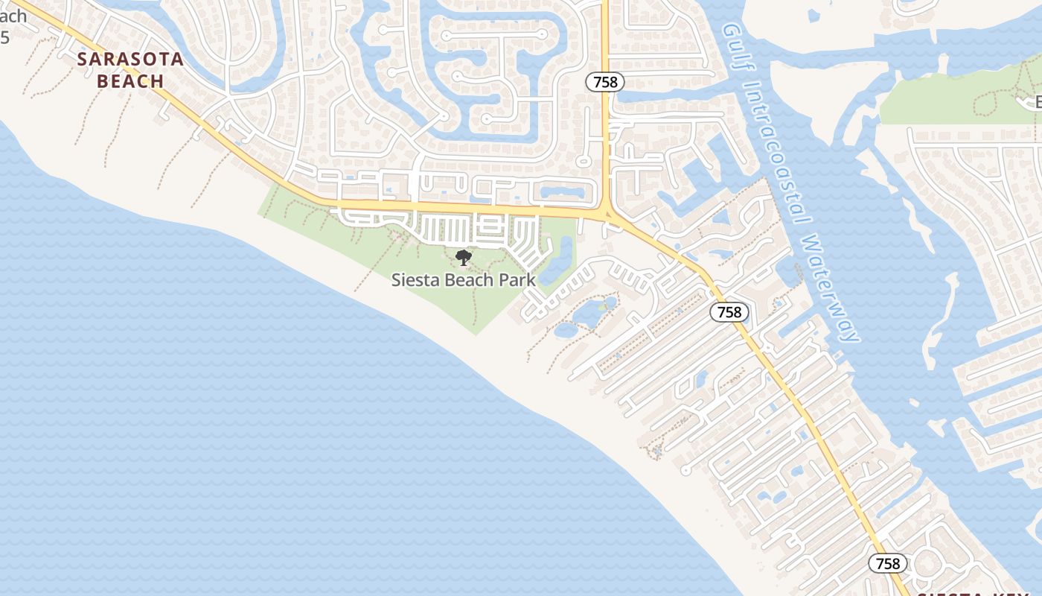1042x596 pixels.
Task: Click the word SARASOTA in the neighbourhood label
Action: [x=130, y=60]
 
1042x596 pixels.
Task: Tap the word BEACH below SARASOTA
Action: [x=130, y=81]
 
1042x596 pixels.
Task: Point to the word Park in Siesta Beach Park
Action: [x=518, y=281]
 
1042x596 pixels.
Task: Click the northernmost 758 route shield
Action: [x=605, y=82]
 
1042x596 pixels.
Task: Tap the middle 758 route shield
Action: [x=729, y=312]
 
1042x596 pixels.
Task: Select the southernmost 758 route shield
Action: [x=888, y=564]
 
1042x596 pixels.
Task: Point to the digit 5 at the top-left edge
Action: [x=4, y=37]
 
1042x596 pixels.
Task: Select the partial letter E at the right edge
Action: [x=1038, y=102]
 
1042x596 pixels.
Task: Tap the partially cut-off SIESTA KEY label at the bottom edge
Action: [x=968, y=594]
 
